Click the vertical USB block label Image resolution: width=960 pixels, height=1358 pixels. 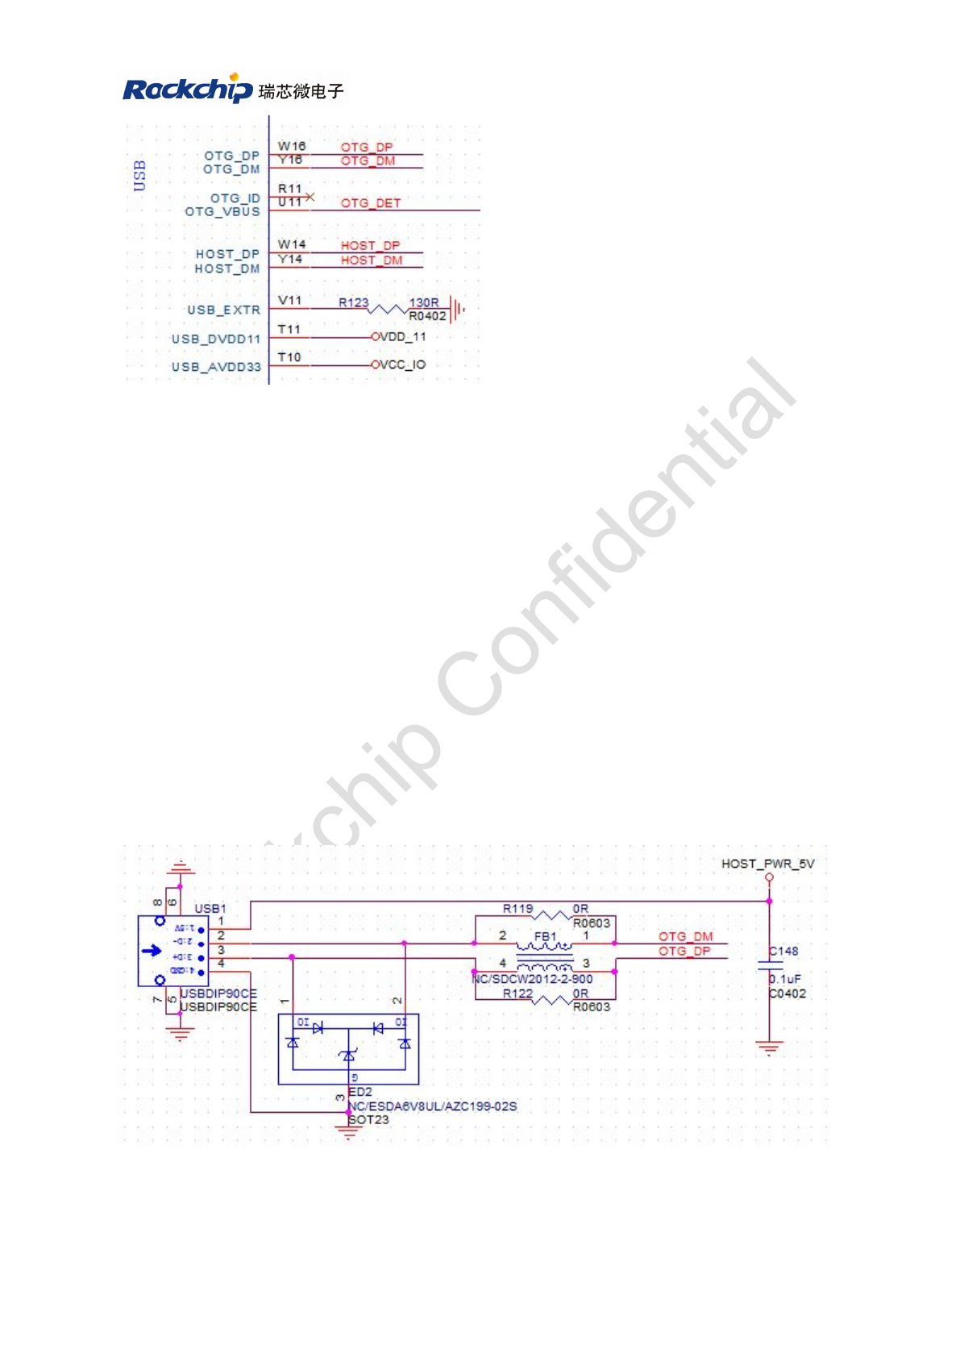point(139,175)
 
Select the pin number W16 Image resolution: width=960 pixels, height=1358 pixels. point(292,146)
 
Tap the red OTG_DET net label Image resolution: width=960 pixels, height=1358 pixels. point(370,203)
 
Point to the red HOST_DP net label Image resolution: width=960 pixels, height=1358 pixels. point(370,245)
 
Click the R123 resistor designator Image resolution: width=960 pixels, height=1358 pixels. point(353,302)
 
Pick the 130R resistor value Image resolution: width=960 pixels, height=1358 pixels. point(424,302)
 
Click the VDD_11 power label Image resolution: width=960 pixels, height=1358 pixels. point(402,336)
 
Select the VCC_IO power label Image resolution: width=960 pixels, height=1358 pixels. point(402,364)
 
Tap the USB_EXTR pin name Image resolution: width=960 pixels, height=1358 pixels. point(223,310)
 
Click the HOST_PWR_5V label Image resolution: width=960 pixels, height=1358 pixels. point(767,864)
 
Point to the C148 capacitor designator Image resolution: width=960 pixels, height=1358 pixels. point(783,952)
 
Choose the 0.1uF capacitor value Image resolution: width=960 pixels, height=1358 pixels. point(785,979)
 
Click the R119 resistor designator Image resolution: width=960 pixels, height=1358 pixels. point(517,909)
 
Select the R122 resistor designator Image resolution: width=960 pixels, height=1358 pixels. point(517,994)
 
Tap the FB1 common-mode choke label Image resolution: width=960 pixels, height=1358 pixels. point(545,936)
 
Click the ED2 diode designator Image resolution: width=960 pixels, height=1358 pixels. point(360,1092)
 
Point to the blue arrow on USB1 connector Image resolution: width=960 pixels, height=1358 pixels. point(152,951)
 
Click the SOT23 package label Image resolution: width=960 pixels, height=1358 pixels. point(368,1119)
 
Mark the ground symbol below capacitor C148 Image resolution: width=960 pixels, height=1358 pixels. point(769,1048)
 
